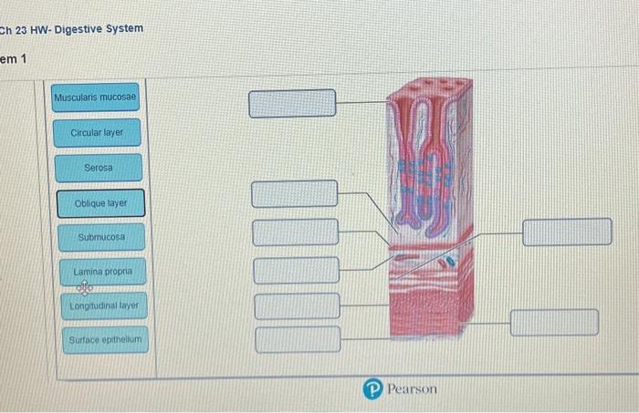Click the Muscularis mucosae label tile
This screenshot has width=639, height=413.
(x=95, y=98)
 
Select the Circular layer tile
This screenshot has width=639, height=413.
(x=97, y=133)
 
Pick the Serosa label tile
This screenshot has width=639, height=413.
(x=98, y=168)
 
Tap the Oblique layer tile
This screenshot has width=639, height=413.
(x=100, y=203)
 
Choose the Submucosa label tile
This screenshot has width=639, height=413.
(x=100, y=237)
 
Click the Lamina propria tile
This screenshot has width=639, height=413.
(x=102, y=272)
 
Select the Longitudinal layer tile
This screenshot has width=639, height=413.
(x=103, y=306)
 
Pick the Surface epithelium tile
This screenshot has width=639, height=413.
(x=104, y=341)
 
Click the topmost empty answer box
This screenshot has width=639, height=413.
(x=293, y=103)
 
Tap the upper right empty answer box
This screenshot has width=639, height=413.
(x=567, y=232)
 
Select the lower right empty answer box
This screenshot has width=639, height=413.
(x=554, y=323)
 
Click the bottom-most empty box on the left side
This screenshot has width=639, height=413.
(x=297, y=339)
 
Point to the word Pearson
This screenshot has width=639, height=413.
(x=412, y=389)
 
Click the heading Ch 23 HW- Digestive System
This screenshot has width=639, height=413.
(x=72, y=29)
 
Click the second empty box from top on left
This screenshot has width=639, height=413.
(x=295, y=193)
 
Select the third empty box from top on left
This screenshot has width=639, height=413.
(x=295, y=232)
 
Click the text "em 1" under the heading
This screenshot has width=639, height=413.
(x=16, y=60)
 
